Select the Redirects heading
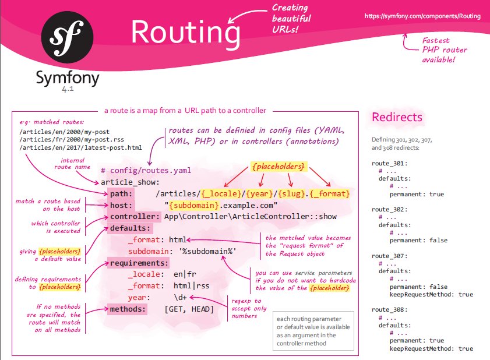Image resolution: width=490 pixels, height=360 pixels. click(x=397, y=117)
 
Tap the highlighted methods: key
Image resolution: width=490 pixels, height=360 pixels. click(x=128, y=309)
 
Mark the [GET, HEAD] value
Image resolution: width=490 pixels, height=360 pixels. click(x=189, y=309)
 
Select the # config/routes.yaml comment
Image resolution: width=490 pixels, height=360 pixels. click(x=145, y=170)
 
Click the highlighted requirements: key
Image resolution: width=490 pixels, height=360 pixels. click(x=139, y=263)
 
